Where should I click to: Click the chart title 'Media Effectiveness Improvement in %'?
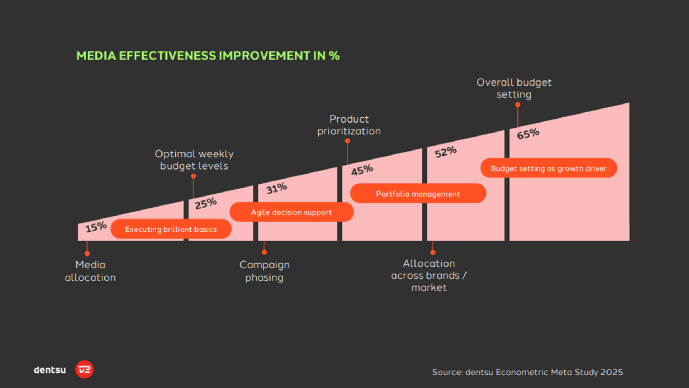[208, 56]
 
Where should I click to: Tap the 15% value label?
[96, 227]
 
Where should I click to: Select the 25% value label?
[206, 204]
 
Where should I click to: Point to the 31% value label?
[276, 188]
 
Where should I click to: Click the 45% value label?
[362, 170]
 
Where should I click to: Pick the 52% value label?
[446, 152]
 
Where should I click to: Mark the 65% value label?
[528, 134]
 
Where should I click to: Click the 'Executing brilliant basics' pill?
[171, 229]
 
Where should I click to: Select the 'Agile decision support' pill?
[291, 212]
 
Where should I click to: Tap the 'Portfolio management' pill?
[418, 194]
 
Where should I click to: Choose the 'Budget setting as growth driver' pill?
[548, 168]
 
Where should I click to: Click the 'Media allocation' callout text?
[90, 271]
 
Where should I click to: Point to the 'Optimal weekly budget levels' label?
[194, 160]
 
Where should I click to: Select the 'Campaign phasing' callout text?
[264, 271]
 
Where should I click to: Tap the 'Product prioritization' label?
[349, 125]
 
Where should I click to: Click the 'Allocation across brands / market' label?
[429, 275]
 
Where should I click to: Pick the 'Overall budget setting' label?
[514, 88]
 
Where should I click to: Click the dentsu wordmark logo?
[50, 370]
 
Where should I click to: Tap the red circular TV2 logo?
[84, 369]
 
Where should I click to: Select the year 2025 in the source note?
[611, 372]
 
